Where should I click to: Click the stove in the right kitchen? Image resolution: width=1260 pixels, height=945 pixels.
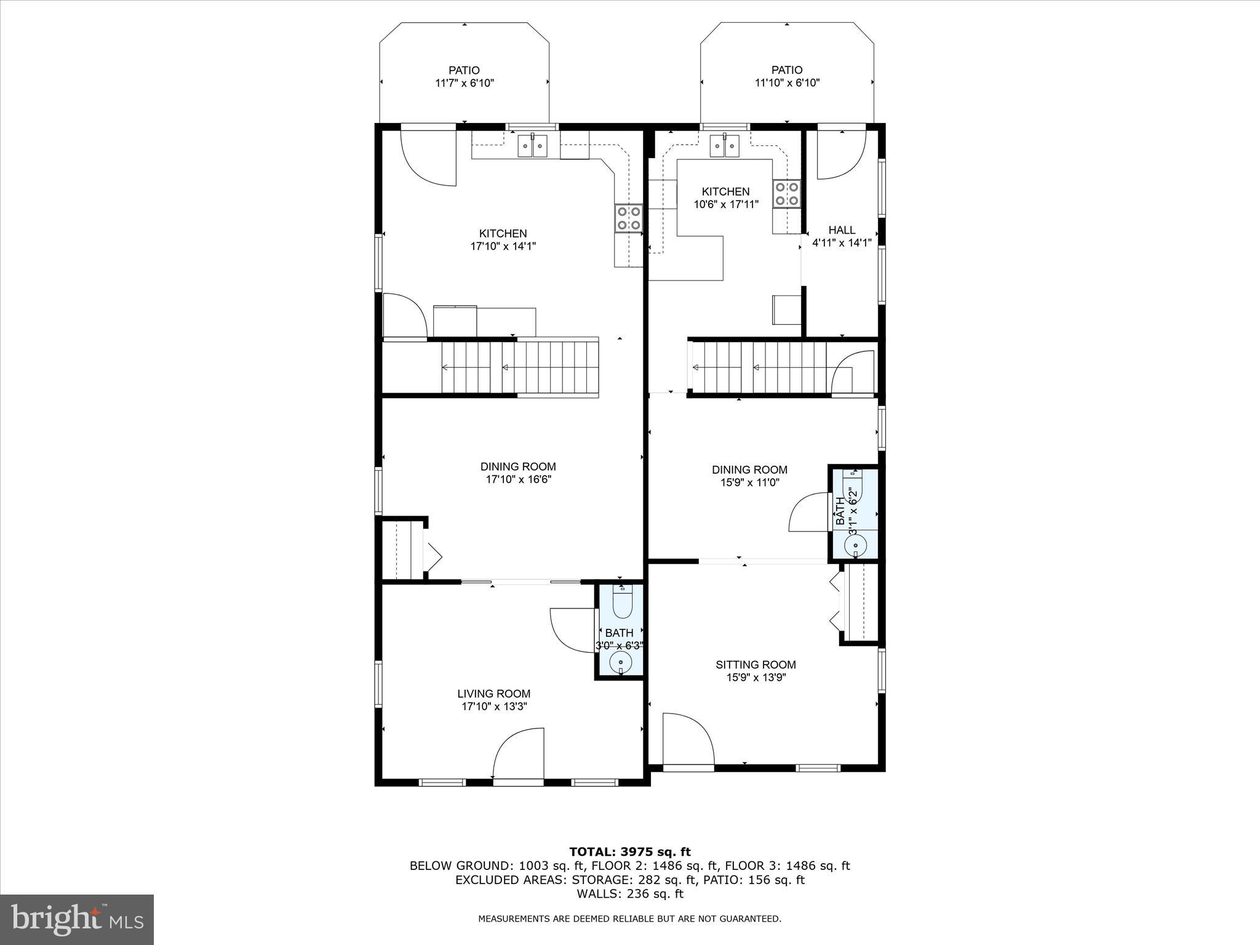(x=787, y=193)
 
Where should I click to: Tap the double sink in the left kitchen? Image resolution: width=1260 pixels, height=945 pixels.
(x=533, y=146)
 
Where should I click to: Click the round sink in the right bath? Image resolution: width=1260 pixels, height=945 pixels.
(x=855, y=544)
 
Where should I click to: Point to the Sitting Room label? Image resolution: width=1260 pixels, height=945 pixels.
(x=756, y=664)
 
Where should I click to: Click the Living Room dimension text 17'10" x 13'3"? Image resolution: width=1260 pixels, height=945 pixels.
(x=494, y=707)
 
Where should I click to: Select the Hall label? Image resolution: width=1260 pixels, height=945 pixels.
(x=842, y=229)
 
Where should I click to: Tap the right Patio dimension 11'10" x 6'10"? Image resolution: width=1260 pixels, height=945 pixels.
(x=787, y=83)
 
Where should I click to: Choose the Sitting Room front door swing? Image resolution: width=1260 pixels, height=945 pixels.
(x=687, y=738)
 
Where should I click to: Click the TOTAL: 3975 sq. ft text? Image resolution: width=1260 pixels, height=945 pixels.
(x=629, y=852)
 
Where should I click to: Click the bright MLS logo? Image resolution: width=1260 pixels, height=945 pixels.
(x=77, y=919)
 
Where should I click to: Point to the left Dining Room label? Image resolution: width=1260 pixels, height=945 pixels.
(x=518, y=466)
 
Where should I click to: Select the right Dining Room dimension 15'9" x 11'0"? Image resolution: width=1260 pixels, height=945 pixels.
(x=749, y=483)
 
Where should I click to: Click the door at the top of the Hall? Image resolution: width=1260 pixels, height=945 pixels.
(x=841, y=154)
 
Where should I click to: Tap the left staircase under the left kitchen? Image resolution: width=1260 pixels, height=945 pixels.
(x=520, y=368)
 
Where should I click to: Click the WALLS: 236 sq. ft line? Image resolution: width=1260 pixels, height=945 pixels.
(x=630, y=894)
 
